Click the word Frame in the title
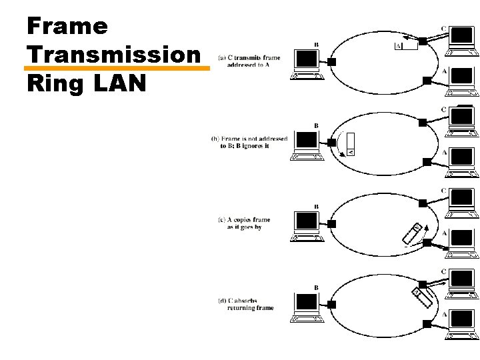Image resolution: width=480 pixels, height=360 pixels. pos(67,26)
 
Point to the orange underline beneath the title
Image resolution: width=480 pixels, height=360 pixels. pos(116,67)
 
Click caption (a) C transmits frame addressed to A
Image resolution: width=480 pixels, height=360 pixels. pos(246,61)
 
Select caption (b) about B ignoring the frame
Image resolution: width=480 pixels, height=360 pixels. pos(249,142)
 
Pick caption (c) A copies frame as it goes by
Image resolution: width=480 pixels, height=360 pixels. pos(244,223)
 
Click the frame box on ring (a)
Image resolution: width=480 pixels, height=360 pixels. pos(406,46)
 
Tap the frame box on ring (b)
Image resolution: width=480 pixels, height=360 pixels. pos(351,144)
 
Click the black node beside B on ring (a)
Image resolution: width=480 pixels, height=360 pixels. pos(331,61)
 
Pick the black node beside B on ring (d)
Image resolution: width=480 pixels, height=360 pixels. pos(331,304)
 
